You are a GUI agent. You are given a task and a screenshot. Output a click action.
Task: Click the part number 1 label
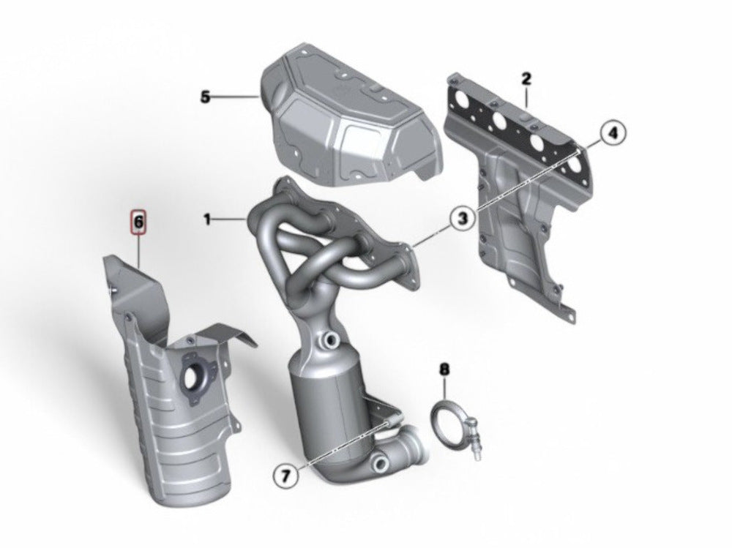coord(208,219)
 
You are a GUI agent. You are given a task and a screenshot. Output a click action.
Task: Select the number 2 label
coord(526,78)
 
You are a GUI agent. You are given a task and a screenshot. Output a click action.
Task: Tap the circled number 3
coord(462,218)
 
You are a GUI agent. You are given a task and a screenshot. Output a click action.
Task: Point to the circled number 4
coord(613,133)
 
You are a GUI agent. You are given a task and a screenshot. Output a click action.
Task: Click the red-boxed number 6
coord(138,222)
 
